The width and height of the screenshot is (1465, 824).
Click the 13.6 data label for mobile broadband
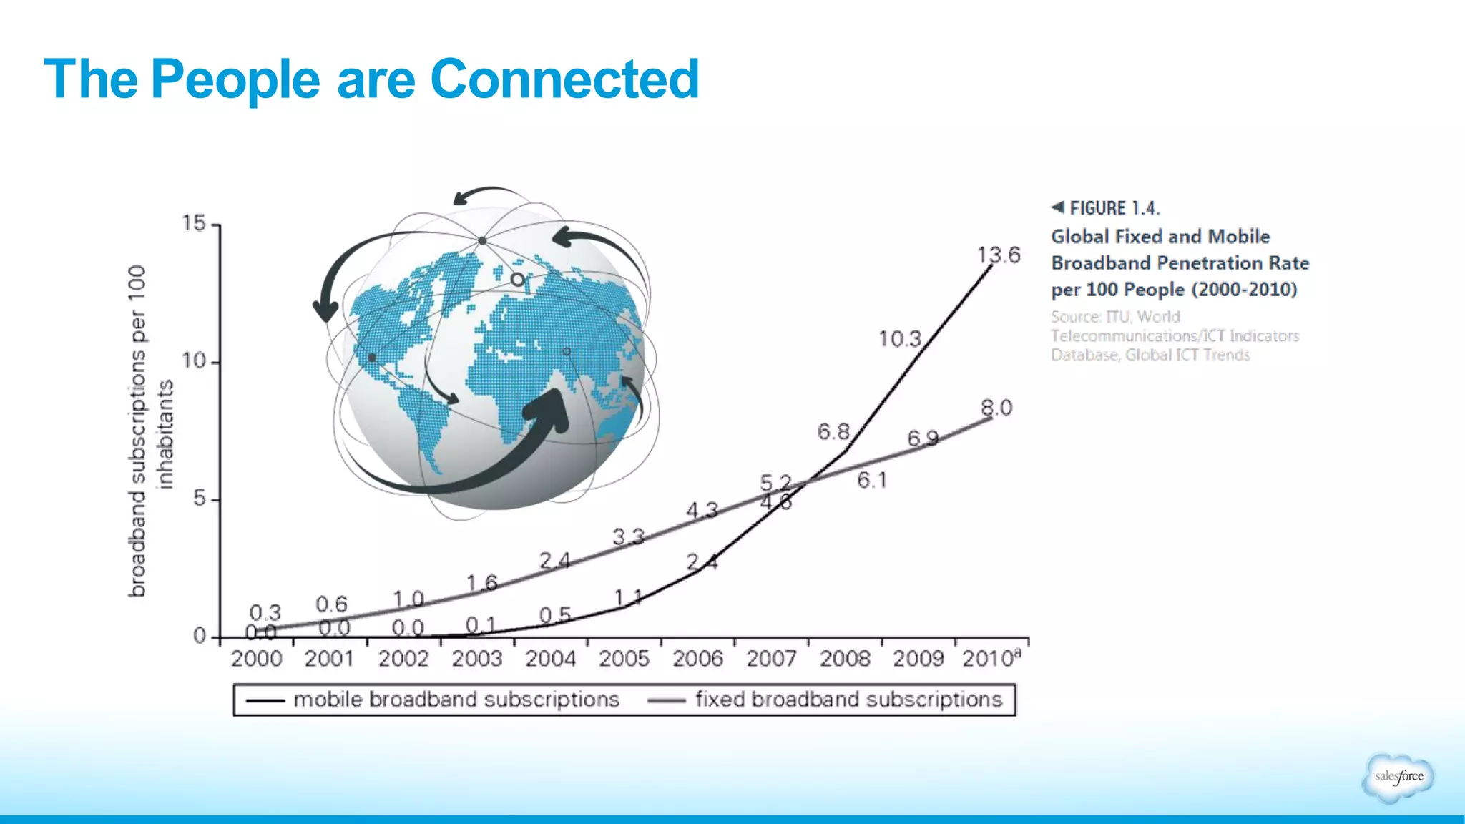(999, 255)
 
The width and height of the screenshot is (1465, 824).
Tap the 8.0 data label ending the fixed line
(996, 408)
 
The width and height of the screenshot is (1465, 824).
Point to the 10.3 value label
(900, 338)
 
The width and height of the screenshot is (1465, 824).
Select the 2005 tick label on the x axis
(624, 658)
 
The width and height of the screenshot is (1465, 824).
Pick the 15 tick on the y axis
(194, 223)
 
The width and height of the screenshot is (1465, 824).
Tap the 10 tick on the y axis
(194, 360)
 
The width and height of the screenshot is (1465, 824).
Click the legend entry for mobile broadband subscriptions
(456, 699)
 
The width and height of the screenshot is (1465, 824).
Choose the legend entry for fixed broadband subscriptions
(848, 699)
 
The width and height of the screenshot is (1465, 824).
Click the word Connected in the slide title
(564, 79)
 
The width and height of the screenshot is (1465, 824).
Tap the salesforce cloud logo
(1398, 777)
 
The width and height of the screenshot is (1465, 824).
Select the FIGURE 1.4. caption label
(1114, 208)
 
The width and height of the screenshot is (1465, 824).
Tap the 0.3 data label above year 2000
(265, 612)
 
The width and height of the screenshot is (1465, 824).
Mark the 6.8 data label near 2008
(833, 431)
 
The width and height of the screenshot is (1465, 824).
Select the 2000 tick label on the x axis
(256, 658)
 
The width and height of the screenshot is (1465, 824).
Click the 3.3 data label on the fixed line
(628, 536)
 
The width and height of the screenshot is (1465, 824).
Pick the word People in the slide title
(235, 79)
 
